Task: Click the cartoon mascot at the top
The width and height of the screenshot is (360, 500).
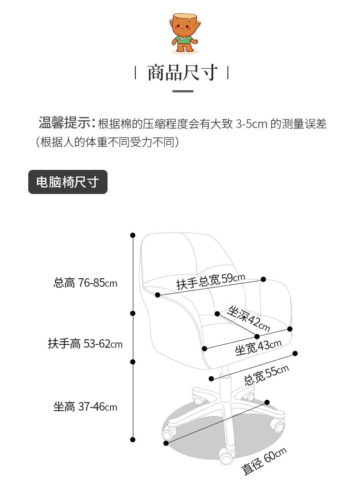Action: [184, 33]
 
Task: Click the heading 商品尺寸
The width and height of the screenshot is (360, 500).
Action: [182, 72]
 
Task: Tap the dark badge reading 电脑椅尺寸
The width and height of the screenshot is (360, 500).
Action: [67, 182]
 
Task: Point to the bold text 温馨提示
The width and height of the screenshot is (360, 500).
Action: [67, 123]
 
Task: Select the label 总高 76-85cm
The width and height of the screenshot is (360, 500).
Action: [85, 283]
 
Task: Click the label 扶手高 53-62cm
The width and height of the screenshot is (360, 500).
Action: [85, 343]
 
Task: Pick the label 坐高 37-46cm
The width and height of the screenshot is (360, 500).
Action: [85, 407]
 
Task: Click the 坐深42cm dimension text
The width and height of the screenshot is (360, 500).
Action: [248, 319]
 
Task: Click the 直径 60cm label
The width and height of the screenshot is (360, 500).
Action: [264, 461]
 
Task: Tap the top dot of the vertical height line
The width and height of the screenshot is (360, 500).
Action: [133, 235]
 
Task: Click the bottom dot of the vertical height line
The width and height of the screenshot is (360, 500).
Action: [133, 439]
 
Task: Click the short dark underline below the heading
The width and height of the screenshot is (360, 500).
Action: [183, 91]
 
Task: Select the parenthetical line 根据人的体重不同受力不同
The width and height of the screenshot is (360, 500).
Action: [108, 142]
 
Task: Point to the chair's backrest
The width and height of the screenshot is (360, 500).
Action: [191, 255]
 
